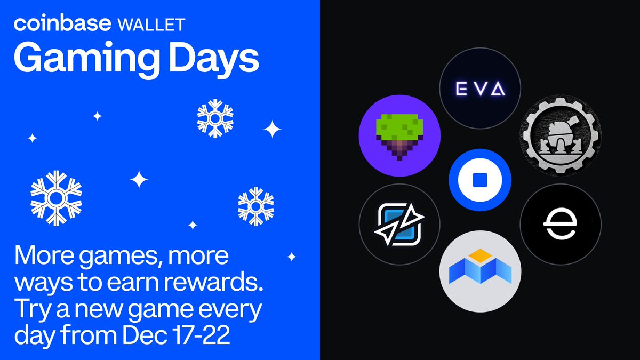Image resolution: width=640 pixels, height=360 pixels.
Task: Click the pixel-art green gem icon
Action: [x=399, y=135]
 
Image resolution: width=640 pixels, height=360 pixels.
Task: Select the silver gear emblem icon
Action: [x=561, y=135]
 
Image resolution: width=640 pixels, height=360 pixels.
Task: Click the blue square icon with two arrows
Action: [x=399, y=224]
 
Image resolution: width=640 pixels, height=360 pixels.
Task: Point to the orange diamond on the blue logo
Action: [x=480, y=255]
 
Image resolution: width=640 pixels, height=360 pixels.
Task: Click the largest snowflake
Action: [x=56, y=197]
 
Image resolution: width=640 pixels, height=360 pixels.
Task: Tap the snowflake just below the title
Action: [x=213, y=116]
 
